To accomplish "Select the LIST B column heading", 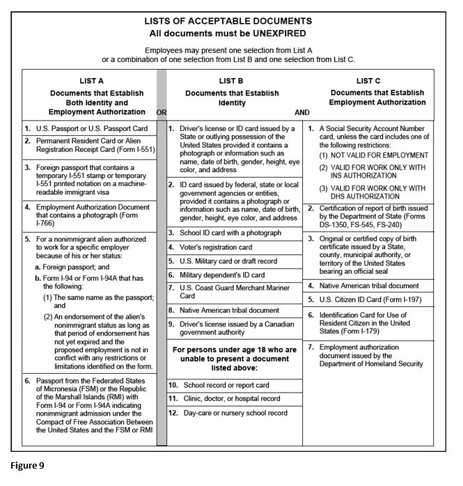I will pyautogui.click(x=231, y=81).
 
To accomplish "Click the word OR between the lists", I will pyautogui.click(x=162, y=111).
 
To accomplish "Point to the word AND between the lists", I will pyautogui.click(x=302, y=111).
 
